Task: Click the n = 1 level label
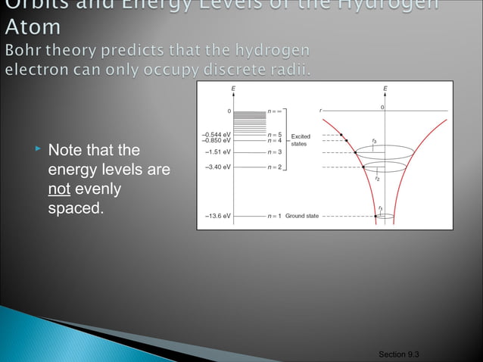274,216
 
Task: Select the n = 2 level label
274,166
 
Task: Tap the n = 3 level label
274,151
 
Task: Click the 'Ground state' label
302,216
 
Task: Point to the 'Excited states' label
301,140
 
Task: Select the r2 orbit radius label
377,179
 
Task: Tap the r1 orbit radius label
380,208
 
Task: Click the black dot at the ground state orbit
375,217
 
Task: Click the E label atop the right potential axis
385,89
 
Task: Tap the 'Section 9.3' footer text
399,354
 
